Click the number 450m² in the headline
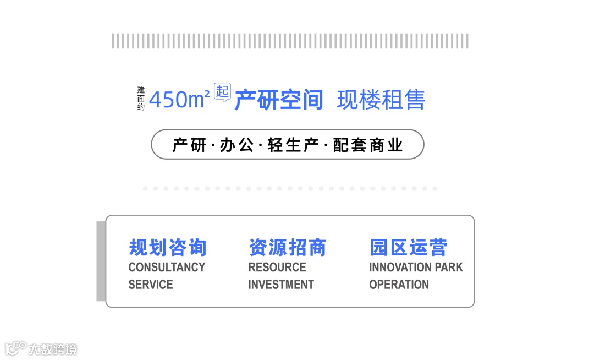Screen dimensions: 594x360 tap(179, 100)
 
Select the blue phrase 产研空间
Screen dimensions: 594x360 tap(278, 100)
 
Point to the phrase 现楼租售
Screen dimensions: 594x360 tap(381, 100)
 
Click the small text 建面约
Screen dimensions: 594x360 tap(141, 99)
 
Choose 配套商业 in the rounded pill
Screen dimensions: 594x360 tap(368, 145)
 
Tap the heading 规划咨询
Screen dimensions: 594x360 tap(167, 247)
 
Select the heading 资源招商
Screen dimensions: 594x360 tap(287, 247)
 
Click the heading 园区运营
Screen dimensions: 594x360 tap(408, 247)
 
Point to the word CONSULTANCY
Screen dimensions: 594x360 tap(167, 268)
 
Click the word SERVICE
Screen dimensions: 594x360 tap(151, 285)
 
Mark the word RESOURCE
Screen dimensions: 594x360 tap(277, 268)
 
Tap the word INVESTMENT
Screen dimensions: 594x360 tap(281, 285)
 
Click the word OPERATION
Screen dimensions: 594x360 tap(399, 285)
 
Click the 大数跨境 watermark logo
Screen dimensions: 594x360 tap(41, 349)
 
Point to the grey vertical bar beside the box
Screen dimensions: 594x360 tap(101, 261)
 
